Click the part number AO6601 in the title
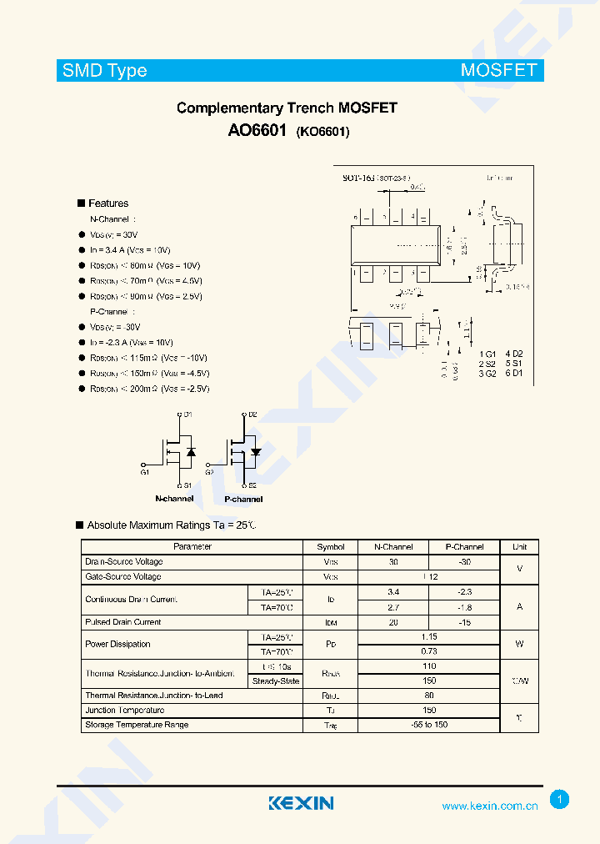(257, 131)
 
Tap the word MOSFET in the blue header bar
(498, 71)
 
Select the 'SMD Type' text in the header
(105, 71)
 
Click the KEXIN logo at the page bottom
(301, 803)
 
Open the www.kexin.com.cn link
(489, 806)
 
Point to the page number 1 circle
(560, 800)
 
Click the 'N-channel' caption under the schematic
(174, 499)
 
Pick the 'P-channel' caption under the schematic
(243, 499)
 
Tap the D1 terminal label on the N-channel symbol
(187, 414)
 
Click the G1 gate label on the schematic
(145, 473)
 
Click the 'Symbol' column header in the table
(330, 547)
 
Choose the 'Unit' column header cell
(519, 547)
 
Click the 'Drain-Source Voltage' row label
(124, 562)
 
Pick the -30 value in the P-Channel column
(463, 562)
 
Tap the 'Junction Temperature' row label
(125, 711)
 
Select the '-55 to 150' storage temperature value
(428, 725)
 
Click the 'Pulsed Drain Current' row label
(123, 622)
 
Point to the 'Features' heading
(108, 203)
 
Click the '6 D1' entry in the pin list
(512, 373)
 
